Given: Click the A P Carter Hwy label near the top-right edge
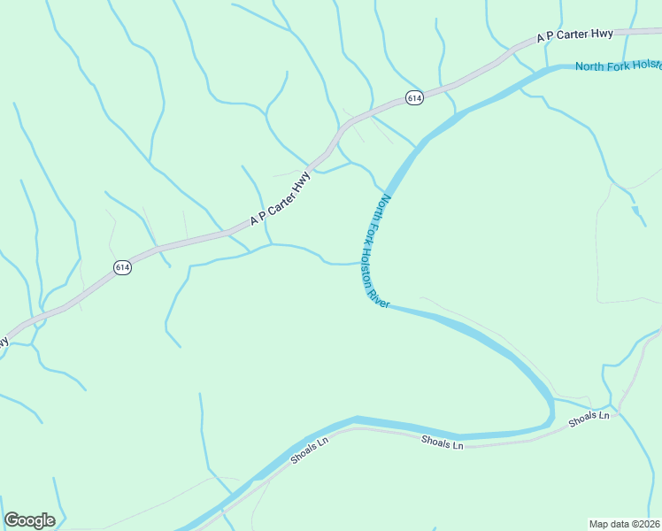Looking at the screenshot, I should tap(574, 35).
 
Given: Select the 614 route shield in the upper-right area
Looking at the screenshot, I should tap(414, 97).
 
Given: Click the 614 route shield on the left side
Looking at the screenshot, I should tap(122, 267).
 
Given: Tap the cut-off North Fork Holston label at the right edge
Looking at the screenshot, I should tap(618, 65).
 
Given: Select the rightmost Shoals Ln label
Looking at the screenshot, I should tap(589, 419).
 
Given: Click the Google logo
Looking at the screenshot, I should tap(30, 520).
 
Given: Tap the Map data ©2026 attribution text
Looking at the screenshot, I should tap(624, 523).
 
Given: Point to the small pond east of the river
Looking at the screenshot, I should tap(637, 213).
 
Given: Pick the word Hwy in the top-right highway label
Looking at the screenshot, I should tap(602, 34).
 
